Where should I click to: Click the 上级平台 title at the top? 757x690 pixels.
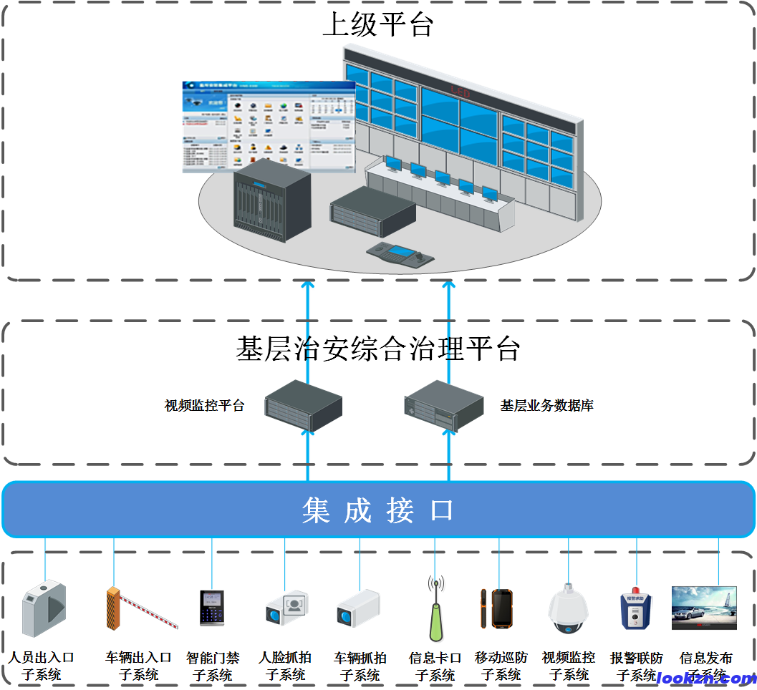(378, 26)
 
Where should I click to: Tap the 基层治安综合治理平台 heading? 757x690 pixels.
(378, 349)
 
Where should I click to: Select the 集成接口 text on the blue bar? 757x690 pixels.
(378, 510)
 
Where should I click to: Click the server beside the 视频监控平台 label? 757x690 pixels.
(303, 405)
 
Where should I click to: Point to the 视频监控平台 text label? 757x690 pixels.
(205, 405)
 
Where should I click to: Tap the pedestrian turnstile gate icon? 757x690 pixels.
(44, 608)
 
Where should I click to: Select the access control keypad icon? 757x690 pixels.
(212, 608)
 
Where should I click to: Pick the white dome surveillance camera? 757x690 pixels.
(568, 611)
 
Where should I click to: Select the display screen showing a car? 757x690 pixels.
(703, 608)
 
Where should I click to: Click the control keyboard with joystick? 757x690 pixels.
(398, 256)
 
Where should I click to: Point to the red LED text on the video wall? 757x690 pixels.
(459, 92)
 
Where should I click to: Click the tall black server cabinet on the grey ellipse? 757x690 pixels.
(272, 200)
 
